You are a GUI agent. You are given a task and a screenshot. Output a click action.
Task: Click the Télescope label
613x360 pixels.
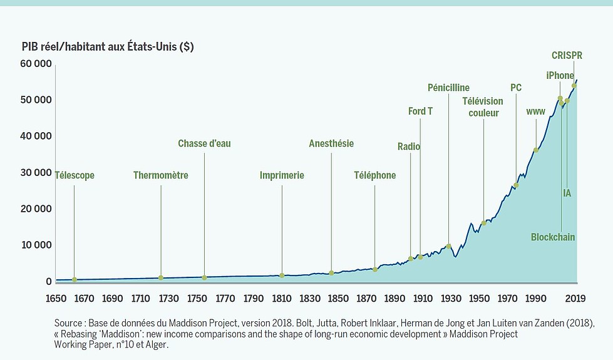coord(75,175)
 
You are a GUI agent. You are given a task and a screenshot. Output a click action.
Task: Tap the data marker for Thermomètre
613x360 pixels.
coord(161,277)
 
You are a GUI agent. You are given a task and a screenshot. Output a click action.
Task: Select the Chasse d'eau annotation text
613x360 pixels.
coord(205,143)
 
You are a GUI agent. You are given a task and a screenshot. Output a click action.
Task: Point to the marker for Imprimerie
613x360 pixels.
coord(282,275)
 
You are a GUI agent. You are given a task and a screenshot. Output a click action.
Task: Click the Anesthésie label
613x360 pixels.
coord(331,143)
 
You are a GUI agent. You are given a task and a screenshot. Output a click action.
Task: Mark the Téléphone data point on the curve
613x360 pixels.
coord(375,269)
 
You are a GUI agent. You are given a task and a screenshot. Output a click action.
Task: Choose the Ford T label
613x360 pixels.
coord(420,111)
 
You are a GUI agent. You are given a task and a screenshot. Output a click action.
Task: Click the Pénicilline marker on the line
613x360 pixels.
coord(449,246)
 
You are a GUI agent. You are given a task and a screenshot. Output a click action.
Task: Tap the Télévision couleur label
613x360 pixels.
coord(483,107)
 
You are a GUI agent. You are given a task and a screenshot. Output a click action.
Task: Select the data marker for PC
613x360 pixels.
coord(516,185)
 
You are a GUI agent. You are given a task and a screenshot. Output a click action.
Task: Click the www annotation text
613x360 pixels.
coord(536,111)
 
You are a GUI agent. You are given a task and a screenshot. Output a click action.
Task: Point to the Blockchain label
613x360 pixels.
coord(553,237)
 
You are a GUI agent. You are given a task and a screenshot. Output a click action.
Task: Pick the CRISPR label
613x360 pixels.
coord(567,56)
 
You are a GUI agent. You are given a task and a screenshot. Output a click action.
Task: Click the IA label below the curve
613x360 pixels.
coord(567,193)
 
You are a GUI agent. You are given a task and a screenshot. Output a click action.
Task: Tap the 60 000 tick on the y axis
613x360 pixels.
coord(36,64)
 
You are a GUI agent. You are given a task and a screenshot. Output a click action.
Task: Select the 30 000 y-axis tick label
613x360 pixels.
coord(36,172)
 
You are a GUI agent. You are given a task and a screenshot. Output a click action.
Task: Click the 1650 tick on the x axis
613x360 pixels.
coord(56,299)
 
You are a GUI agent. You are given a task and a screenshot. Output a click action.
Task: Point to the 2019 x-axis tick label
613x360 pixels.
coord(575,299)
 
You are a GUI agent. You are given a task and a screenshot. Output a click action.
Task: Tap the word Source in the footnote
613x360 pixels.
coord(68,323)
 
